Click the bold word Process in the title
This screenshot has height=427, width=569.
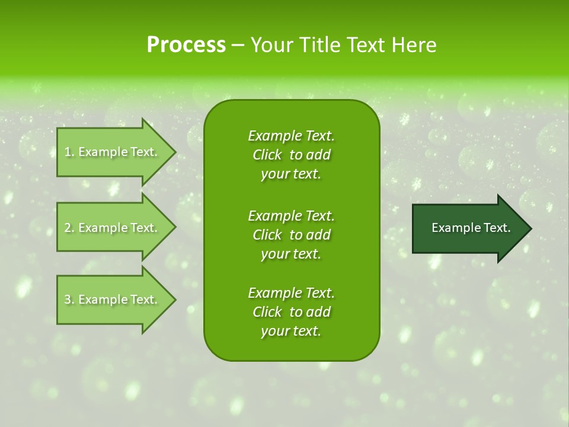point(186,45)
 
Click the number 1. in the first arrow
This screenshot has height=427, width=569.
point(69,152)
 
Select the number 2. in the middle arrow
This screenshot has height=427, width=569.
point(69,228)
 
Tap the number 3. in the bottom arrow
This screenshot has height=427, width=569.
point(69,299)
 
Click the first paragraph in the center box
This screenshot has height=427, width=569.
point(291,155)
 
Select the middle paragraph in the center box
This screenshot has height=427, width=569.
point(291,234)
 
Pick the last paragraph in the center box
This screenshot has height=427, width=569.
point(291,312)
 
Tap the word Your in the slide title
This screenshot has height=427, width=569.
point(270,45)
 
